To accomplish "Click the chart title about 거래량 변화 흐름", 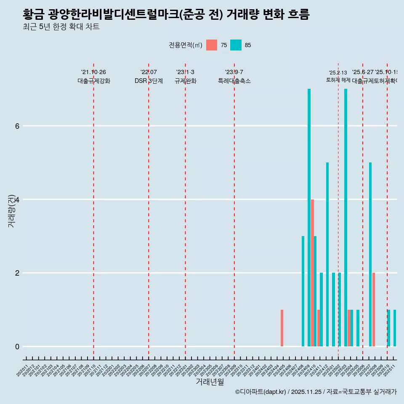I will click(166, 15).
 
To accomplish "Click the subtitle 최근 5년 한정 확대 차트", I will click(61, 27).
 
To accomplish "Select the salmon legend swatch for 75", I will click(212, 45).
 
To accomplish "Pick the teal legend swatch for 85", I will click(236, 45).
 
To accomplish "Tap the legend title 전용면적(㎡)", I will click(185, 45).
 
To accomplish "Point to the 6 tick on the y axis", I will click(17, 126).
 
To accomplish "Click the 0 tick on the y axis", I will click(17, 347).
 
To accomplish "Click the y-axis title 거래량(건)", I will click(11, 210).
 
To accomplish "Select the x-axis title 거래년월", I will click(210, 382).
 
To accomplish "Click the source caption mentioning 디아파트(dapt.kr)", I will click(316, 392).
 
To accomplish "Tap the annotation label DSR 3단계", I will click(149, 81).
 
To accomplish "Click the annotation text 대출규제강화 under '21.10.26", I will click(93, 81).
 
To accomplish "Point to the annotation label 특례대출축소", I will click(234, 81).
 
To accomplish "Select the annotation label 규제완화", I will click(185, 81).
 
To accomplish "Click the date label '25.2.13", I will click(338, 73).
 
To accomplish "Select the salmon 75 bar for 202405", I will click(282, 328).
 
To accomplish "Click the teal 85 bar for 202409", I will click(309, 218).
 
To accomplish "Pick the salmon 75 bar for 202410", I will click(312, 273).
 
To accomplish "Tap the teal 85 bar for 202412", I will click(327, 254).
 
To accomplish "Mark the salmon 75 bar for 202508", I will click(374, 310).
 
